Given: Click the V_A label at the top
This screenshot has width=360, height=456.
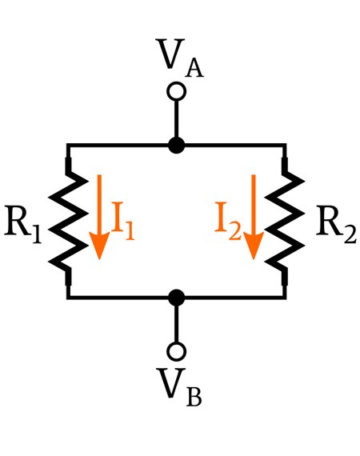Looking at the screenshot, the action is [x=180, y=58].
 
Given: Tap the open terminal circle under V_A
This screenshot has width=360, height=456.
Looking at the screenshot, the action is [x=176, y=92].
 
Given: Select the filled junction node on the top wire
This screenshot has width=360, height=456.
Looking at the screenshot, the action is [x=176, y=145].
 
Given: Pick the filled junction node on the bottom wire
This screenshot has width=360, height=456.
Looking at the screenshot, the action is [x=176, y=298].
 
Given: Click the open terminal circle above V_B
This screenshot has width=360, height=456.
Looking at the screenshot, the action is [x=176, y=351].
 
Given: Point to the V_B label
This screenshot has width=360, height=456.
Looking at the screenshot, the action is [x=179, y=387].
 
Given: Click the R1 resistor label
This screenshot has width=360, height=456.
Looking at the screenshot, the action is [x=22, y=224].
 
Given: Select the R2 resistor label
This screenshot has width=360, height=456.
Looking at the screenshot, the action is [x=336, y=224].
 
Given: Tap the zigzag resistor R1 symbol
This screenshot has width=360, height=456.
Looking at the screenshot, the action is [x=68, y=221].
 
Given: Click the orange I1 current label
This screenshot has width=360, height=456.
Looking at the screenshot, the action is [x=123, y=221].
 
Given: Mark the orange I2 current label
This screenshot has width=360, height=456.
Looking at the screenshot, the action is [x=228, y=221].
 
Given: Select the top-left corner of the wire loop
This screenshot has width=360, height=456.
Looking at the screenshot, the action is [x=68, y=145].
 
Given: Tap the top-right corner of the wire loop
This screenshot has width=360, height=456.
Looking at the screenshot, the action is [x=285, y=145].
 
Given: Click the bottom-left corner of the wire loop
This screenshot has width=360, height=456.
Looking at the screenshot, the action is [x=68, y=298].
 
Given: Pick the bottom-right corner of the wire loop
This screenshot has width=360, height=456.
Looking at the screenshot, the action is [x=285, y=298].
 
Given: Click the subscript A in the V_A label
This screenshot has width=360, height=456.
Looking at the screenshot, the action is [x=194, y=69].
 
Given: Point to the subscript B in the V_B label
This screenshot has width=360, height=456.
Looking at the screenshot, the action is [x=194, y=398].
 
